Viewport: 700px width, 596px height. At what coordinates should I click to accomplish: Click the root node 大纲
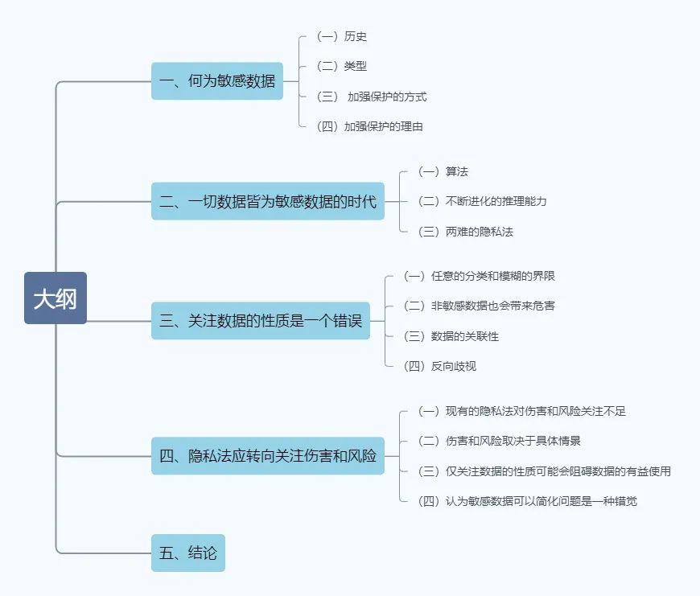(55, 298)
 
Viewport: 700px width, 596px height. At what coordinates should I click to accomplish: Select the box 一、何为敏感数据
(217, 81)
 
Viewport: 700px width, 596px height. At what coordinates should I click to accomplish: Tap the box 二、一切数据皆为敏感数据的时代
(267, 201)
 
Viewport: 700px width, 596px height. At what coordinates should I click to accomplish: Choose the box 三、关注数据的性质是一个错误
(261, 321)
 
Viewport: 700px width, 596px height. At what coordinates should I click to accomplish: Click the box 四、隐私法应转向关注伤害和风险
(267, 456)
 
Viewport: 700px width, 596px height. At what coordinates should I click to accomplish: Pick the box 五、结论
(188, 553)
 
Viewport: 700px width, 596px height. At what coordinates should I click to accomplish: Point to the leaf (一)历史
(342, 36)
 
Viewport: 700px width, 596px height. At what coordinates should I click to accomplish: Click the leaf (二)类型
(342, 66)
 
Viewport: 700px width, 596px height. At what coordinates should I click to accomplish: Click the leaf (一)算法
(443, 171)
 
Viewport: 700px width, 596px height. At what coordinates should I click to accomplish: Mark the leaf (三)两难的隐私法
(466, 232)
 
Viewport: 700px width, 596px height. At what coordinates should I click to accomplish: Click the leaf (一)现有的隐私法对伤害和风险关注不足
(522, 411)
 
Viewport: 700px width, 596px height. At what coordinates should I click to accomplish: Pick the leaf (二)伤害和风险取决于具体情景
(500, 441)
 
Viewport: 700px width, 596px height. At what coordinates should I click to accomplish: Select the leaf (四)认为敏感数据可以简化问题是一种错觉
(528, 501)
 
